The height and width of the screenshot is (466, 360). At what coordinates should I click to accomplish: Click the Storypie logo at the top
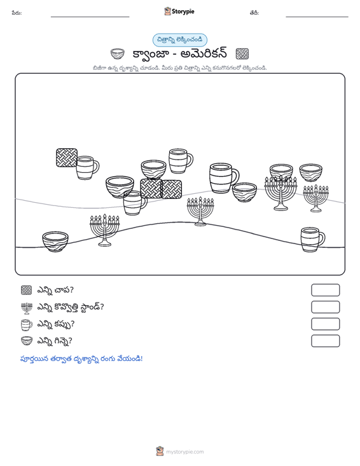[179, 11]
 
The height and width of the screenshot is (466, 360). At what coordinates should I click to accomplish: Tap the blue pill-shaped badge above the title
[180, 40]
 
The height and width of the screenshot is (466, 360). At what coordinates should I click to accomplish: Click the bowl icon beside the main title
[118, 54]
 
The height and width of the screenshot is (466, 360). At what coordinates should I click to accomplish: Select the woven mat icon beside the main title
[242, 54]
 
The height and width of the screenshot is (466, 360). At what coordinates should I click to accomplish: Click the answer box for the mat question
[325, 290]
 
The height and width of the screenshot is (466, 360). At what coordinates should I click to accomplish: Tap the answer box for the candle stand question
[325, 307]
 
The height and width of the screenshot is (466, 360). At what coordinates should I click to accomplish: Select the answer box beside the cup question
[325, 324]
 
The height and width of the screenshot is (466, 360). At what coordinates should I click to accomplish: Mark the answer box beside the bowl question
[325, 341]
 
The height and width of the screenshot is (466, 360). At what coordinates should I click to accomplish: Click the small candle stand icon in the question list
[27, 308]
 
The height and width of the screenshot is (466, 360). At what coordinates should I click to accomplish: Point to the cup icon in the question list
[27, 324]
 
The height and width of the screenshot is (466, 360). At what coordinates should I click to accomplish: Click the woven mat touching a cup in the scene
[67, 158]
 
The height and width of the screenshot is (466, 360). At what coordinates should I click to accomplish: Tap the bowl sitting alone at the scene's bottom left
[55, 242]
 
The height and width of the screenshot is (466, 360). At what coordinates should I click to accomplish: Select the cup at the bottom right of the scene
[313, 240]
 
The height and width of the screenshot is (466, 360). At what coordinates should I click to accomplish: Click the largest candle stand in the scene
[281, 193]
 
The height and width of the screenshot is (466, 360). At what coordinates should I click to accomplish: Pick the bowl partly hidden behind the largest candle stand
[281, 170]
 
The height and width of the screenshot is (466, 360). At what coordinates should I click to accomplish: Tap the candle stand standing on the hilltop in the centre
[200, 211]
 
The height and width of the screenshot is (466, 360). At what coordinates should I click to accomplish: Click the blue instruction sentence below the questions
[81, 359]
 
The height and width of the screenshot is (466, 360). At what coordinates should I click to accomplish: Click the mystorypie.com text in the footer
[185, 452]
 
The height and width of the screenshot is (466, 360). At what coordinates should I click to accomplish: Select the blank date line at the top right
[317, 17]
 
